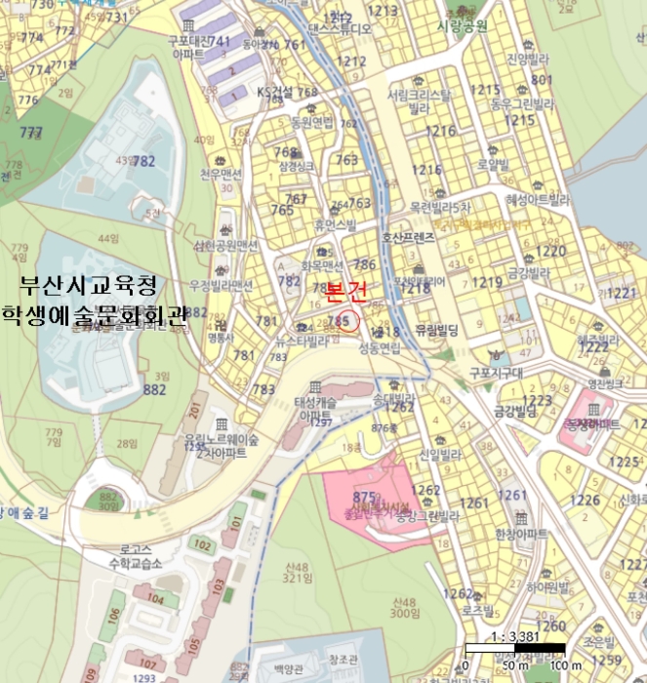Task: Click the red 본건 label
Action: [x=345, y=290]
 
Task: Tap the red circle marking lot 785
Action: [x=346, y=319]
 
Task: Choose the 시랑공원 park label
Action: [x=465, y=25]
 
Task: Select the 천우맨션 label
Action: [x=220, y=174]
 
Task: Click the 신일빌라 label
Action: [x=440, y=456]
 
